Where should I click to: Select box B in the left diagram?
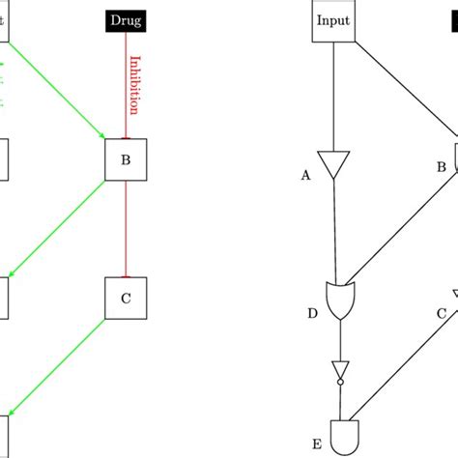coord(125,160)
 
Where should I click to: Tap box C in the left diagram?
coord(126,299)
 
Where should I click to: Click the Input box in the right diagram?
coord(333,20)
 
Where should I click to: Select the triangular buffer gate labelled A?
coord(333,165)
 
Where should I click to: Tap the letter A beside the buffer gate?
coord(306,175)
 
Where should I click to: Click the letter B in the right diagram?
coord(442,167)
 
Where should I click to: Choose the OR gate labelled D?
coord(340,301)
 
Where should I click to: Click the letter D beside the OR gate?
coord(312,313)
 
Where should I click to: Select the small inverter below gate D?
coord(340,371)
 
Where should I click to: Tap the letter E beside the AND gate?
coord(316,444)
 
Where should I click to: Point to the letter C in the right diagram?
coord(442,312)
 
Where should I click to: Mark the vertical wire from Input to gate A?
coord(333,97)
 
